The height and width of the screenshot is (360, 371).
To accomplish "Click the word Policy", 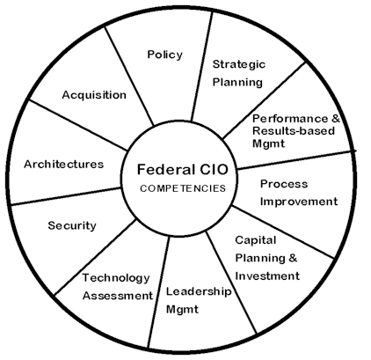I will [x=164, y=55].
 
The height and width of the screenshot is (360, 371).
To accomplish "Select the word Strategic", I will [x=239, y=64].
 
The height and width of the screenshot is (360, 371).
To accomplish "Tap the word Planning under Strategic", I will [x=237, y=83].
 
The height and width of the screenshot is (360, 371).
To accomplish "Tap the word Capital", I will [x=255, y=239].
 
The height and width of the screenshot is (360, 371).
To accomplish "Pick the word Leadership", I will [x=198, y=291].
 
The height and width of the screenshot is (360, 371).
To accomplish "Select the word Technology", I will [x=116, y=277].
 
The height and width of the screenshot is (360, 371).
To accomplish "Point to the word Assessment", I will [x=118, y=296].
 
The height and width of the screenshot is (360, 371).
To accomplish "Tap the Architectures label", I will [x=63, y=164].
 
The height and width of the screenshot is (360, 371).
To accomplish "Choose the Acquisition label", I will [x=94, y=95].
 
